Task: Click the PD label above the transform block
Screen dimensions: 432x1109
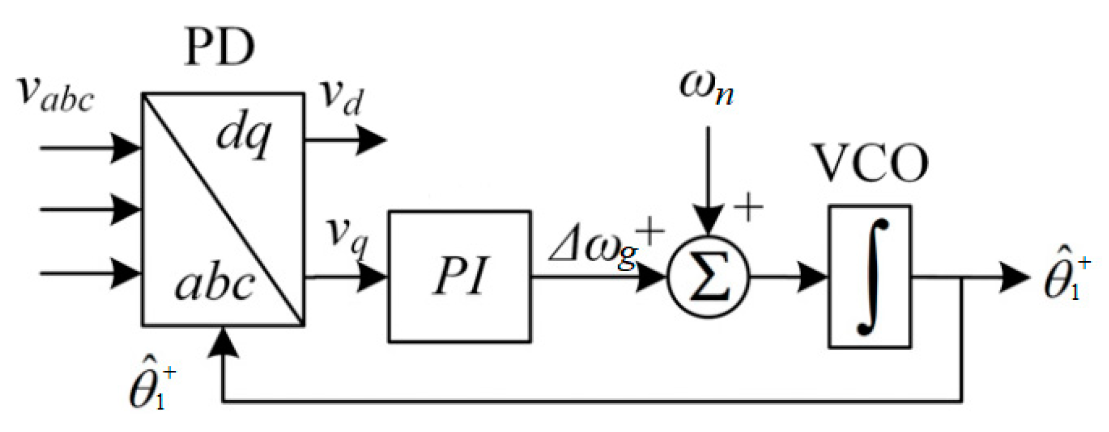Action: pyautogui.click(x=219, y=48)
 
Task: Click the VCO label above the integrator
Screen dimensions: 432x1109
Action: pyautogui.click(x=870, y=164)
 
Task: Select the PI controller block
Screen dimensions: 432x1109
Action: pyautogui.click(x=459, y=277)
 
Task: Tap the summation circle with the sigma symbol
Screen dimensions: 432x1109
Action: pyautogui.click(x=708, y=277)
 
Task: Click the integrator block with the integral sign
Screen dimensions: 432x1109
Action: pyautogui.click(x=870, y=277)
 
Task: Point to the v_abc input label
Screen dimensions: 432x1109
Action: pyautogui.click(x=56, y=94)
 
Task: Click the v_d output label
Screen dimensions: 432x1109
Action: pyautogui.click(x=341, y=97)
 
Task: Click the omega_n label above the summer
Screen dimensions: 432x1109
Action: pyautogui.click(x=707, y=87)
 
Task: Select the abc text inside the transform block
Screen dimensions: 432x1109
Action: pyautogui.click(x=213, y=284)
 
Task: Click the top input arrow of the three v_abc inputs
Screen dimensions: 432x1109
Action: pyautogui.click(x=91, y=147)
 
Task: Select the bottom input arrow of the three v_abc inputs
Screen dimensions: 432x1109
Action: pyautogui.click(x=91, y=273)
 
